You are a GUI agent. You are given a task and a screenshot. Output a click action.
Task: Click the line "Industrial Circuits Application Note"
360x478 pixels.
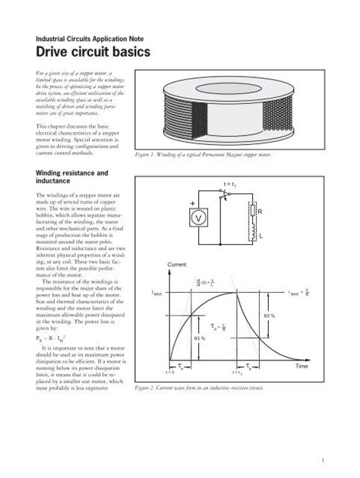84,38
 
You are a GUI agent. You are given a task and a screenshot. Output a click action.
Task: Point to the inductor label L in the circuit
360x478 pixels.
260,237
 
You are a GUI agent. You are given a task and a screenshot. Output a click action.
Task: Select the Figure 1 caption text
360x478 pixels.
202,155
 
